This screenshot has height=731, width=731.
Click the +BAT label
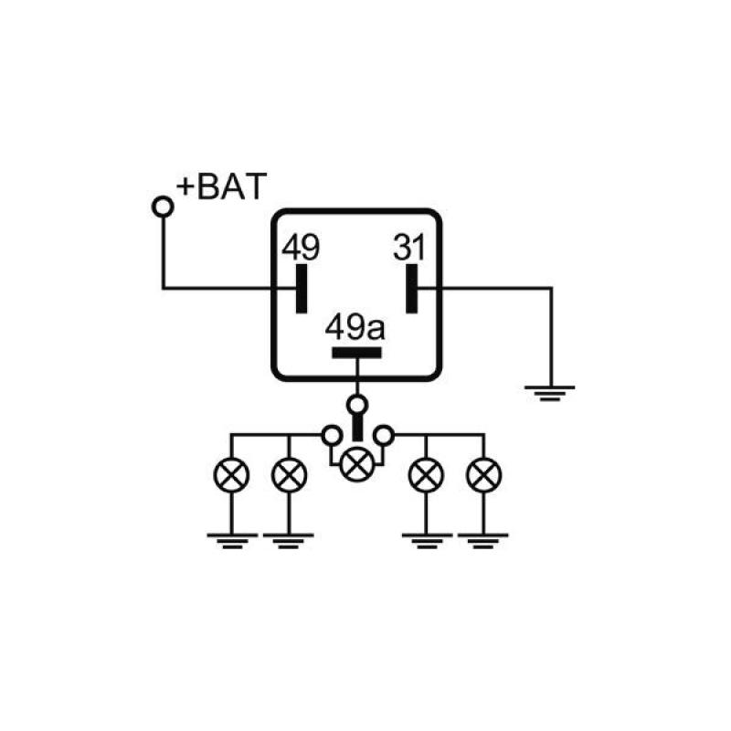[222, 186]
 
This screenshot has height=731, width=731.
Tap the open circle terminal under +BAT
[163, 207]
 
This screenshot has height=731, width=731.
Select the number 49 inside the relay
[301, 247]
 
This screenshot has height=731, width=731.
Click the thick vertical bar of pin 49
[302, 289]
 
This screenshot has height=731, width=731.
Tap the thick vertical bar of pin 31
[413, 289]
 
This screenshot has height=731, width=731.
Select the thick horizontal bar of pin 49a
[357, 354]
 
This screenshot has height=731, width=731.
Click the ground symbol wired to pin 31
[550, 394]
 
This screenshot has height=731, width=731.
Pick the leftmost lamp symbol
[231, 474]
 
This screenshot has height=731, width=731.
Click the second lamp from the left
[289, 474]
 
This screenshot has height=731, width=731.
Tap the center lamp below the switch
[356, 465]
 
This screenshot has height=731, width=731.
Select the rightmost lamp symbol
[483, 474]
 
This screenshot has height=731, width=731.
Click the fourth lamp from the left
[426, 474]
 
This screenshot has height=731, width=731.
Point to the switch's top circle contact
[357, 403]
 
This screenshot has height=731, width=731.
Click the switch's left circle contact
[331, 437]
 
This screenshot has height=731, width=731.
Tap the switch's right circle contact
[385, 437]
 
